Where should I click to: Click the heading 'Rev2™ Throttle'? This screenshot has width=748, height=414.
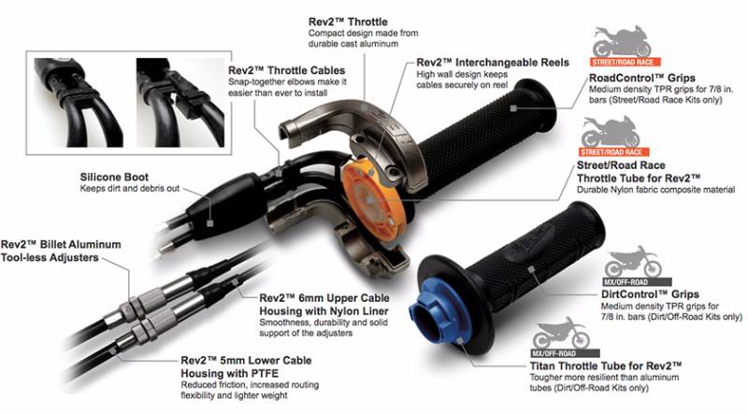(x=348, y=21)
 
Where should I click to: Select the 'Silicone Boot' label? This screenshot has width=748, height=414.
(x=114, y=177)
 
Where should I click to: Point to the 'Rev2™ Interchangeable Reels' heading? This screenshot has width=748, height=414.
(x=493, y=63)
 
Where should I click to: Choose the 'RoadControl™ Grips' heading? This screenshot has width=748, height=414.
(x=641, y=78)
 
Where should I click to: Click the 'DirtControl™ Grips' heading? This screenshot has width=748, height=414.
(x=650, y=294)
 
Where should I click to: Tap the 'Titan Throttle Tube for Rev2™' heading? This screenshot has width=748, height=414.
(x=605, y=365)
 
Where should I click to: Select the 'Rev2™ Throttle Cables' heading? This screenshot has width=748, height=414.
(x=286, y=71)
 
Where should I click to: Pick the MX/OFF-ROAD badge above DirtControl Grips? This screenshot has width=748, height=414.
(x=637, y=282)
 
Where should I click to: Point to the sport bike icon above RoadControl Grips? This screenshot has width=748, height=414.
(x=622, y=41)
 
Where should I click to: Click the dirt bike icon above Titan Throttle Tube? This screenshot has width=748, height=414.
(x=561, y=333)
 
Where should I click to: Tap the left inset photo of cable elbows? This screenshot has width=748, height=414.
(x=79, y=103)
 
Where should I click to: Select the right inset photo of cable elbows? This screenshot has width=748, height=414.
(x=180, y=103)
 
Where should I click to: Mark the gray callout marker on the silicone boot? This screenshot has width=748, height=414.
(x=209, y=222)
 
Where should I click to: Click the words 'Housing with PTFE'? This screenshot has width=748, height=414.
(x=229, y=373)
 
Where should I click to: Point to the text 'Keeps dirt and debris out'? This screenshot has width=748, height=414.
(x=129, y=189)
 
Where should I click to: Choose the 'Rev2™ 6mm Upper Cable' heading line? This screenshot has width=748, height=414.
(x=324, y=298)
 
